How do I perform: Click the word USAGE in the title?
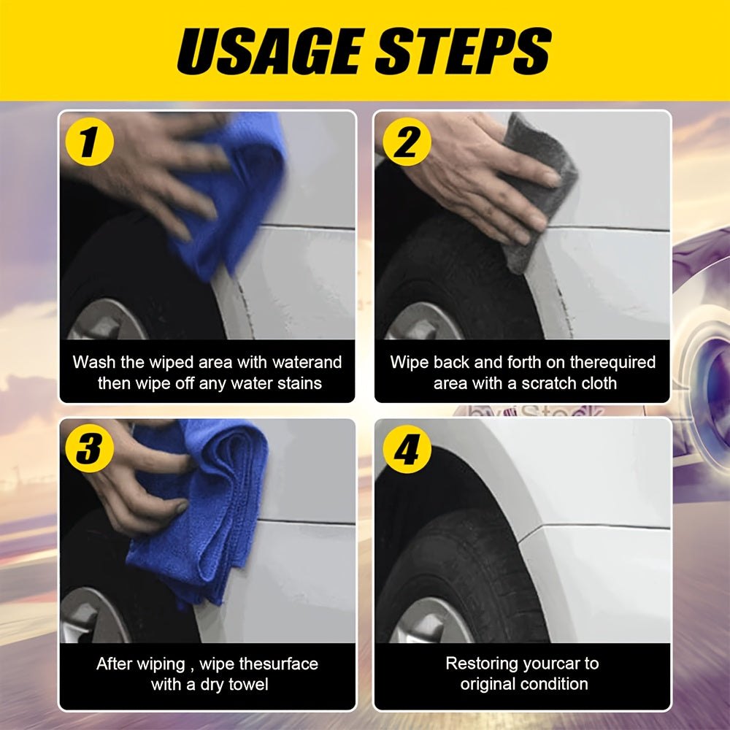tap(270, 50)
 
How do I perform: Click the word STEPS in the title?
tap(464, 50)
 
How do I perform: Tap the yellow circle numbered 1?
tap(89, 142)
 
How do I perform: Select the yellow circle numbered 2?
tap(407, 142)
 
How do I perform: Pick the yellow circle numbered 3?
tap(89, 448)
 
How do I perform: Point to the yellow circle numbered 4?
tap(407, 449)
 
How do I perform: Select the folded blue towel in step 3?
tap(205, 507)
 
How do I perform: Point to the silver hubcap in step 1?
tap(107, 320)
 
